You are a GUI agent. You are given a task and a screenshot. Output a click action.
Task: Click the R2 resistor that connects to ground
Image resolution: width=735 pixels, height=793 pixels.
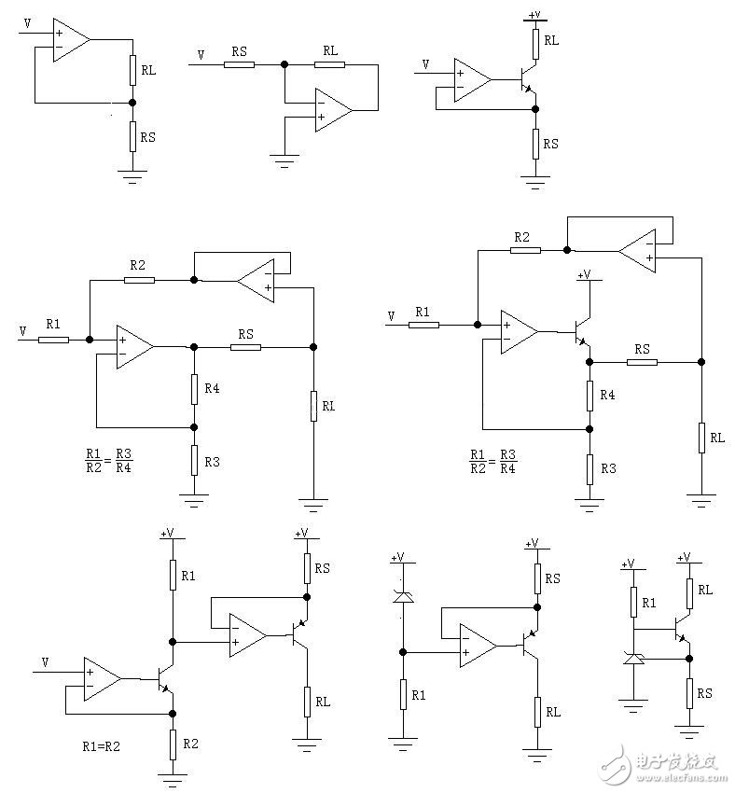pos(173,744)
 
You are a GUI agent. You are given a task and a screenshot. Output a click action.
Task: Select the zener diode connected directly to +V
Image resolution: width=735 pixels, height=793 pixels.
pos(402,596)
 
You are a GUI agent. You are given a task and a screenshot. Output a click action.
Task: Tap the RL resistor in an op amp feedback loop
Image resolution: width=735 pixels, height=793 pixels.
pos(329,64)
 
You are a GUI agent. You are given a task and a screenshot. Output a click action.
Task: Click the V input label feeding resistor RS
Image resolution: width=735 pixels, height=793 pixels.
pos(201,56)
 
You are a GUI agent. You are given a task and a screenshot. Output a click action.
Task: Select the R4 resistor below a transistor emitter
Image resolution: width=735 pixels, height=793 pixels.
pos(589,395)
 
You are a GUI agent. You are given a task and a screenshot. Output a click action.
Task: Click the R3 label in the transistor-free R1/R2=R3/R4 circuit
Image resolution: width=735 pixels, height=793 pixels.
pos(213,462)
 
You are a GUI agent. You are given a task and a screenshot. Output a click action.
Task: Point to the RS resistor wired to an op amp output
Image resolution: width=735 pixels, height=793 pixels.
pos(246,346)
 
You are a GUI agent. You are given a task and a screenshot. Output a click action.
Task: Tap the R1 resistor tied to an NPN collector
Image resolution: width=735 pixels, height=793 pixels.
pos(173,576)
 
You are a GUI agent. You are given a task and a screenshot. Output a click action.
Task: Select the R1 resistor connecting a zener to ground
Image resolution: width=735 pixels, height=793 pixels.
pos(402,695)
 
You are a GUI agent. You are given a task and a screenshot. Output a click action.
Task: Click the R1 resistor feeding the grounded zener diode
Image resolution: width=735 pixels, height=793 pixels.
pos(633,603)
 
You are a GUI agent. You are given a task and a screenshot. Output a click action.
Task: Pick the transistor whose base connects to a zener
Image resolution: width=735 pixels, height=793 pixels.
pos(684,634)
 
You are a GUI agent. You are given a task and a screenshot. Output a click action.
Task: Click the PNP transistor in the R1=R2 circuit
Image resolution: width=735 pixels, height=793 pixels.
pos(300,634)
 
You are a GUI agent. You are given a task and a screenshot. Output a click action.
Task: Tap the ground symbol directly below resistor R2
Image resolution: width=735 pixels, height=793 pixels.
pos(173,775)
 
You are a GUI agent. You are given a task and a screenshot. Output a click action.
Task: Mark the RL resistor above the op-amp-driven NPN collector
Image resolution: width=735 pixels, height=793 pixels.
pos(535,41)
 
